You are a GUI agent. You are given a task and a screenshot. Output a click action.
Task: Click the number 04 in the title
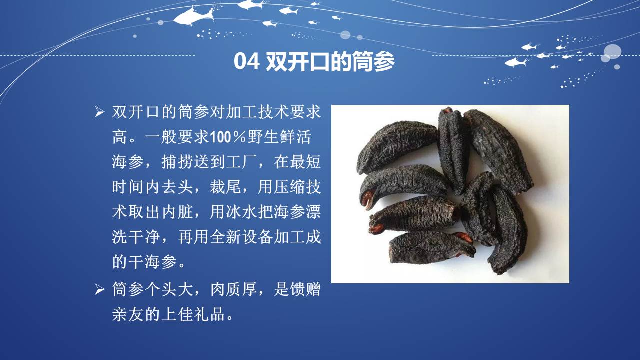click(246, 61)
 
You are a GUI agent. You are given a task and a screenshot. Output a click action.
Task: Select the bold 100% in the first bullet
click(228, 137)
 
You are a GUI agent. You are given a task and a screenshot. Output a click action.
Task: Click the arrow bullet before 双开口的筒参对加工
click(99, 112)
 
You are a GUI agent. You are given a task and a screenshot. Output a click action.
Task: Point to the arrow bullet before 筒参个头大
click(99, 289)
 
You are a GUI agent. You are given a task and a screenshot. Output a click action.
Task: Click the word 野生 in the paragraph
click(263, 137)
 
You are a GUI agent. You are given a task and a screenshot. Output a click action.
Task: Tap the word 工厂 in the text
click(241, 162)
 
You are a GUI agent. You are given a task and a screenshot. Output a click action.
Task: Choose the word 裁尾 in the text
click(225, 187)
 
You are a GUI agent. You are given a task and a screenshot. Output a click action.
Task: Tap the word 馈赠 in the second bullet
click(305, 289)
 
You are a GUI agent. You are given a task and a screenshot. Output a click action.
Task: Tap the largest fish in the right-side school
click(516, 62)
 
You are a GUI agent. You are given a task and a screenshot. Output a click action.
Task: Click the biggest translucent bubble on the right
click(612, 51)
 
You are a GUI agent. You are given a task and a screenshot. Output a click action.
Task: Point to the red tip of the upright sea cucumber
click(446, 110)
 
